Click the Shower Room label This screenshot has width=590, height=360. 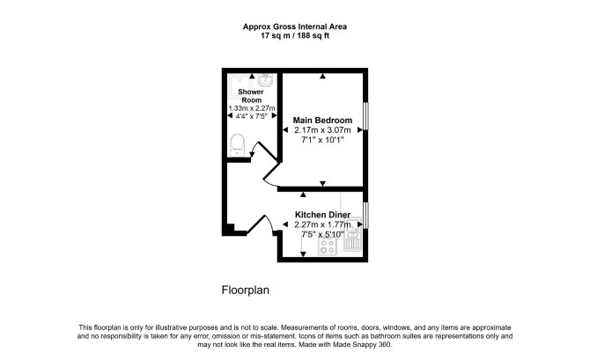click(251, 96)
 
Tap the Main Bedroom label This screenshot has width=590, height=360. click(322, 121)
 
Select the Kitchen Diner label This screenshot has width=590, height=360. click(322, 215)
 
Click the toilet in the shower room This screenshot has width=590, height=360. click(237, 145)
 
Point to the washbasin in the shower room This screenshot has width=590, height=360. click(265, 80)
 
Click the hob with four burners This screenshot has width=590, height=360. click(328, 246)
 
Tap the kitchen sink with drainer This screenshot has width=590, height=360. click(352, 234)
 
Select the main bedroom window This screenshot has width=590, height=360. click(365, 116)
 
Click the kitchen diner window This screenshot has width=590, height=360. click(365, 215)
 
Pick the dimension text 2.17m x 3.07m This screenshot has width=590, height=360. click(322, 130)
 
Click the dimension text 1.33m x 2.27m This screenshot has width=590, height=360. click(252, 108)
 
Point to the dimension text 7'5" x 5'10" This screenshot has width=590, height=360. click(322, 235)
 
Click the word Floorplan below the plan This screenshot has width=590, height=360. click(246, 290)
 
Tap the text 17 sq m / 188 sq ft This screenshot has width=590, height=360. click(295, 36)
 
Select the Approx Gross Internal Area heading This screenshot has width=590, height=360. click(295, 26)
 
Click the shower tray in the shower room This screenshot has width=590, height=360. click(237, 86)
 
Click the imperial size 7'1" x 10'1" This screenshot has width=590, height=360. click(322, 140)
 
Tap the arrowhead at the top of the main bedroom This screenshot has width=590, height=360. click(322, 76)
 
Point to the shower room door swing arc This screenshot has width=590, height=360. click(254, 149)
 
